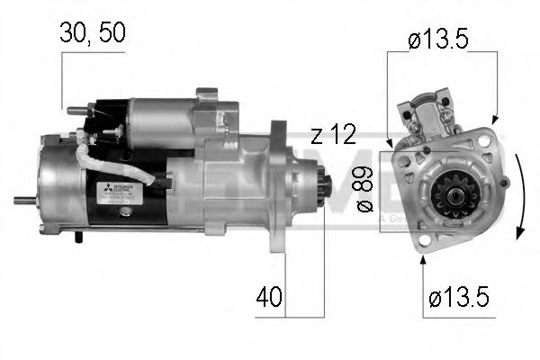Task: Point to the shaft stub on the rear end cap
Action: (24, 200)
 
